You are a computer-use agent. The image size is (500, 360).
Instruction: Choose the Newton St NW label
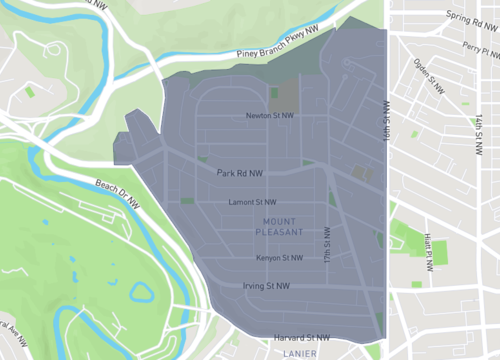click(x=270, y=116)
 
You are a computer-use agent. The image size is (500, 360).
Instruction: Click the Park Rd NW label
click(x=240, y=172)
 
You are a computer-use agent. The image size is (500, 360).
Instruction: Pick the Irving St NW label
click(x=265, y=286)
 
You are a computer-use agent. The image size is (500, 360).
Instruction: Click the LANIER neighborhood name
click(x=301, y=353)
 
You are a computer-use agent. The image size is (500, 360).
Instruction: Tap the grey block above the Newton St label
click(x=284, y=96)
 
